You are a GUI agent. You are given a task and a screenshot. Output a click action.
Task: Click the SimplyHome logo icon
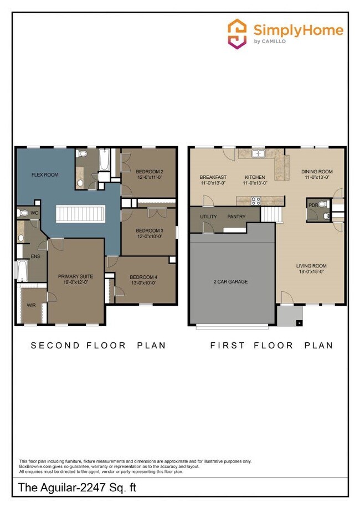pos(237,33)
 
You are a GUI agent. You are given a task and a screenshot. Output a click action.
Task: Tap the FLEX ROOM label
pos(44,175)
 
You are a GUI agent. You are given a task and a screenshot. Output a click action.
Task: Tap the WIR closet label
pos(30,305)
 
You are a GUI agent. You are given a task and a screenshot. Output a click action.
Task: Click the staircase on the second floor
pos(77,214)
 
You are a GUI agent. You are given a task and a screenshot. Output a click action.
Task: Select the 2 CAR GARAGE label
pos(230,281)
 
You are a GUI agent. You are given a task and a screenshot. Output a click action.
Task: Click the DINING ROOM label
pos(317,172)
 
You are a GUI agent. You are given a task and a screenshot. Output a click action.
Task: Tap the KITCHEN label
pos(255,177)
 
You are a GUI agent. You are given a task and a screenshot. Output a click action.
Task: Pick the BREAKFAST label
pos(213,177)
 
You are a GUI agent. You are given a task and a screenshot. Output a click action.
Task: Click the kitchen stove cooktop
pos(257,200)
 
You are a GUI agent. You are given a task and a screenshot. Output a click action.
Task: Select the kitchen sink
pos(258,153)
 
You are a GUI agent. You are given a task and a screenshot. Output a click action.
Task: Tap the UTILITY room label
pos(209,216)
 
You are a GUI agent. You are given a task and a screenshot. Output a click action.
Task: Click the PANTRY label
pos(236,216)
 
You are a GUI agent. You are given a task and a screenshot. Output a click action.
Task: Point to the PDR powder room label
pos(313,205)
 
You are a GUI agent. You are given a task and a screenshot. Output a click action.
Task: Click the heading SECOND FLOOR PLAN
pos(98,345)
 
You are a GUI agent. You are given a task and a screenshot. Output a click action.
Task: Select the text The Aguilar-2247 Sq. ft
pos(77,487)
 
